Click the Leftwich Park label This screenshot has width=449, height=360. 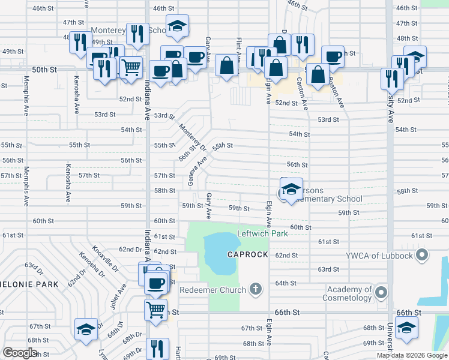(x=262, y=233)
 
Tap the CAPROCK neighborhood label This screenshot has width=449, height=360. (x=247, y=254)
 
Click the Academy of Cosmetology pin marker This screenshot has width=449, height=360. (x=381, y=292)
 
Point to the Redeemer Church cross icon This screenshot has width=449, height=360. (x=256, y=290)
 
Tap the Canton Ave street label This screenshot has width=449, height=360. (x=303, y=94)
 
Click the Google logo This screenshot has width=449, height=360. (x=20, y=353)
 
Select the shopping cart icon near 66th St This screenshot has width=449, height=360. (x=155, y=310)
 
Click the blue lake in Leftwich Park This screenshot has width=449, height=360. (x=220, y=252)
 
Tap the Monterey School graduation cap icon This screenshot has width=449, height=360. (x=177, y=26)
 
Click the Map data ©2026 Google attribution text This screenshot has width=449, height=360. (x=412, y=355)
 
